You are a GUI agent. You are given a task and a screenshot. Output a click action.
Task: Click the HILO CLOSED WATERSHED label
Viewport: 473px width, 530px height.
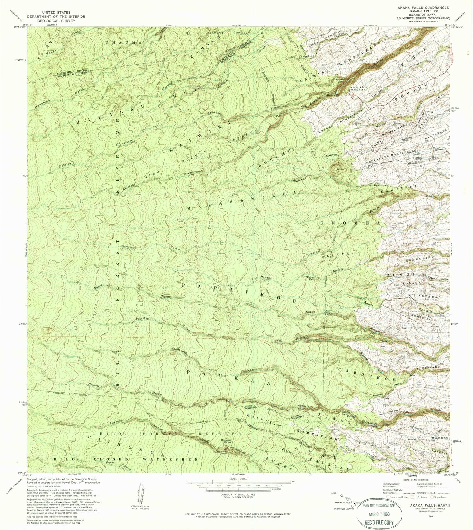[x=126, y=459]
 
